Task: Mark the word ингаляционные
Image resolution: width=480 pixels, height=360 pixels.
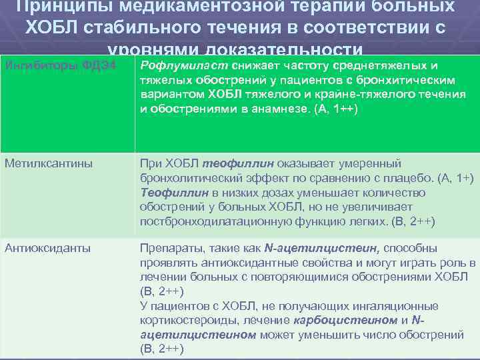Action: [395, 305]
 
